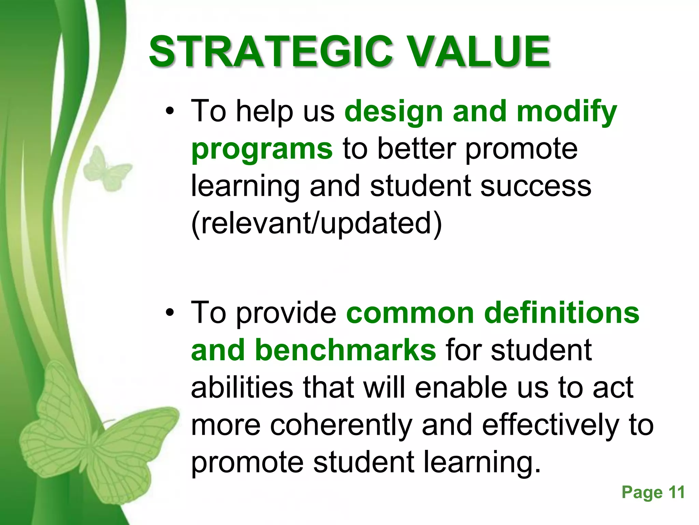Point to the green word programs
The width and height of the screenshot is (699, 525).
pyautogui.click(x=262, y=149)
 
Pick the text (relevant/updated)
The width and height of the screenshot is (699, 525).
pyautogui.click(x=316, y=224)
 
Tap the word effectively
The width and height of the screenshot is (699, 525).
pyautogui.click(x=550, y=425)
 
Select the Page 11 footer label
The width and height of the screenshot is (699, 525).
pyautogui.click(x=653, y=493)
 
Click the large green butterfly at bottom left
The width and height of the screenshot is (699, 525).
pyautogui.click(x=92, y=441)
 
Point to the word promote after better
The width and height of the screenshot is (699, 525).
pyautogui.click(x=521, y=149)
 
